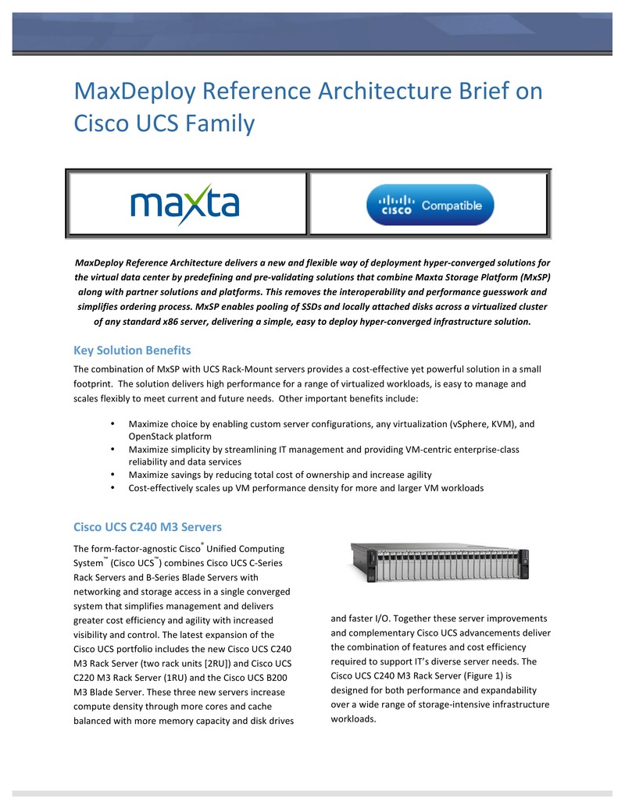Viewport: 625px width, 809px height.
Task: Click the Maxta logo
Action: pyautogui.click(x=184, y=205)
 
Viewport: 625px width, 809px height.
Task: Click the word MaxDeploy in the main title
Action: pyautogui.click(x=134, y=91)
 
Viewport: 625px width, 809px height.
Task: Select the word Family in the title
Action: pyautogui.click(x=223, y=123)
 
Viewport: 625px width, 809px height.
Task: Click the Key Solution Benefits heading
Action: pyautogui.click(x=132, y=349)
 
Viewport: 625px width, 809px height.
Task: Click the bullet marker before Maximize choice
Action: pyautogui.click(x=114, y=424)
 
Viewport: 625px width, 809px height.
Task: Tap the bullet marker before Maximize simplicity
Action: pyautogui.click(x=114, y=450)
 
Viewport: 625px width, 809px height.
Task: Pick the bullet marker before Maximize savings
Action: pyautogui.click(x=114, y=475)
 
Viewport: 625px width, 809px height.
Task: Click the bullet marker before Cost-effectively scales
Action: pyautogui.click(x=114, y=487)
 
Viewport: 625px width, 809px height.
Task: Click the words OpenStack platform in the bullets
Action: pyautogui.click(x=170, y=437)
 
